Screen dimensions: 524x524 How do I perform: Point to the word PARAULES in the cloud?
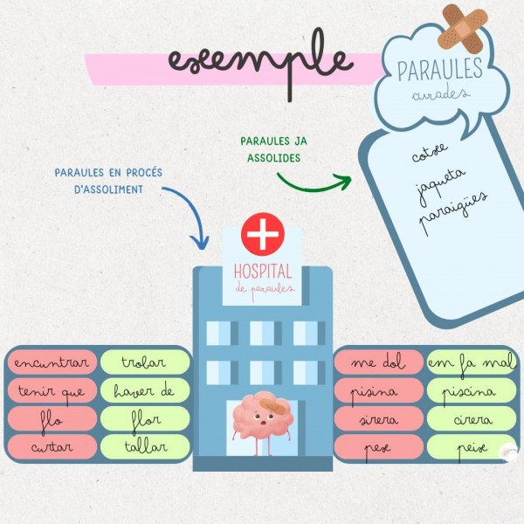[x=440, y=68]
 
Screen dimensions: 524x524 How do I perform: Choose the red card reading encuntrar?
[x=52, y=363]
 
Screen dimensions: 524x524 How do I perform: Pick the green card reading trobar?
[x=145, y=363]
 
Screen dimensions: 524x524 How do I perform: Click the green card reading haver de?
[x=145, y=391]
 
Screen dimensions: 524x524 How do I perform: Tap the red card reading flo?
[x=52, y=419]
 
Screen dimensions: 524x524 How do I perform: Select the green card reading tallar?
[x=145, y=447]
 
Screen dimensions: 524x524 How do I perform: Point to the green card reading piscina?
[x=472, y=391]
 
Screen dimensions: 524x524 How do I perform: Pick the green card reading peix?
[x=472, y=447]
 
